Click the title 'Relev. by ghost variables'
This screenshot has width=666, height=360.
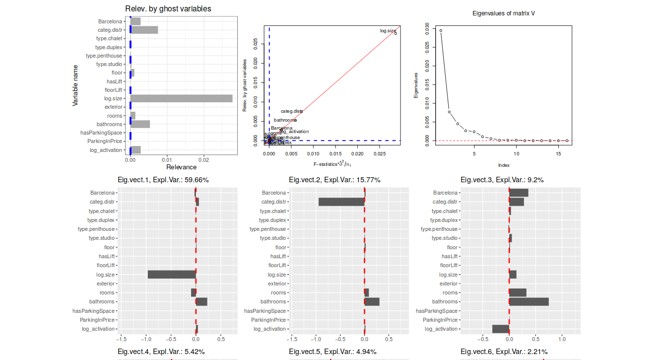click(x=168, y=9)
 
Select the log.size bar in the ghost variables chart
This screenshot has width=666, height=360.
click(x=181, y=98)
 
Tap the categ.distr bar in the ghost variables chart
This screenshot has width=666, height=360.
click(x=144, y=30)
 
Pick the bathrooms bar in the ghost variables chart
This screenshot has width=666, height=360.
click(x=140, y=124)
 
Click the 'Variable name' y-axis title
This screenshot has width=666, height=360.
click(x=75, y=85)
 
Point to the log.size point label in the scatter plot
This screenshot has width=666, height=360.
click(x=388, y=31)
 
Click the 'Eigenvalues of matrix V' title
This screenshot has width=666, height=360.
click(x=503, y=13)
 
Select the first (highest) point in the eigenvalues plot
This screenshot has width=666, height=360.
click(x=441, y=31)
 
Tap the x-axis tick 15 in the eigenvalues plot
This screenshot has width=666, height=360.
click(x=558, y=153)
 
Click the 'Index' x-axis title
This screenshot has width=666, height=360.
click(x=504, y=165)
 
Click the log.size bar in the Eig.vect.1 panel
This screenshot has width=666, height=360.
click(x=172, y=275)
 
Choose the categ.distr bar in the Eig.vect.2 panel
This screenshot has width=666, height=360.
click(x=341, y=202)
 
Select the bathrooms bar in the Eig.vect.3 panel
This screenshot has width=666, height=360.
click(x=529, y=301)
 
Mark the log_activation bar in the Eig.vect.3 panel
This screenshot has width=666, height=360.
click(x=501, y=329)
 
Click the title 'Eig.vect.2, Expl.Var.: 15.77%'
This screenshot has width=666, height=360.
click(x=335, y=180)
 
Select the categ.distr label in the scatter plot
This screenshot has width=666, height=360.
click(x=291, y=111)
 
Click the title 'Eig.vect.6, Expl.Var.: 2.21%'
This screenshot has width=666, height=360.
click(x=504, y=352)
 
